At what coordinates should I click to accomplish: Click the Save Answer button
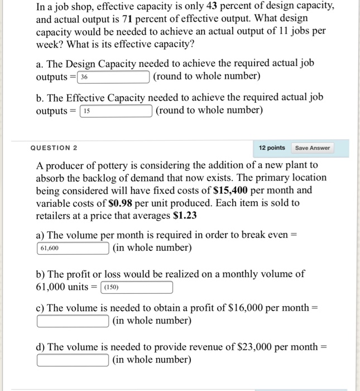coord(313,148)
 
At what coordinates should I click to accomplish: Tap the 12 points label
coord(272,148)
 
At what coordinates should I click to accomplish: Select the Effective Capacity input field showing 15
coord(117,111)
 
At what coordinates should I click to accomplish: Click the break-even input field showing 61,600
coord(73,247)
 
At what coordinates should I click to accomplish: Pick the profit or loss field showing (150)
coord(136,288)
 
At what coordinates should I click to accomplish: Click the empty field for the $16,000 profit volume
coord(73,321)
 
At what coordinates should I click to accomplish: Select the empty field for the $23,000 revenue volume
coord(73,360)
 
